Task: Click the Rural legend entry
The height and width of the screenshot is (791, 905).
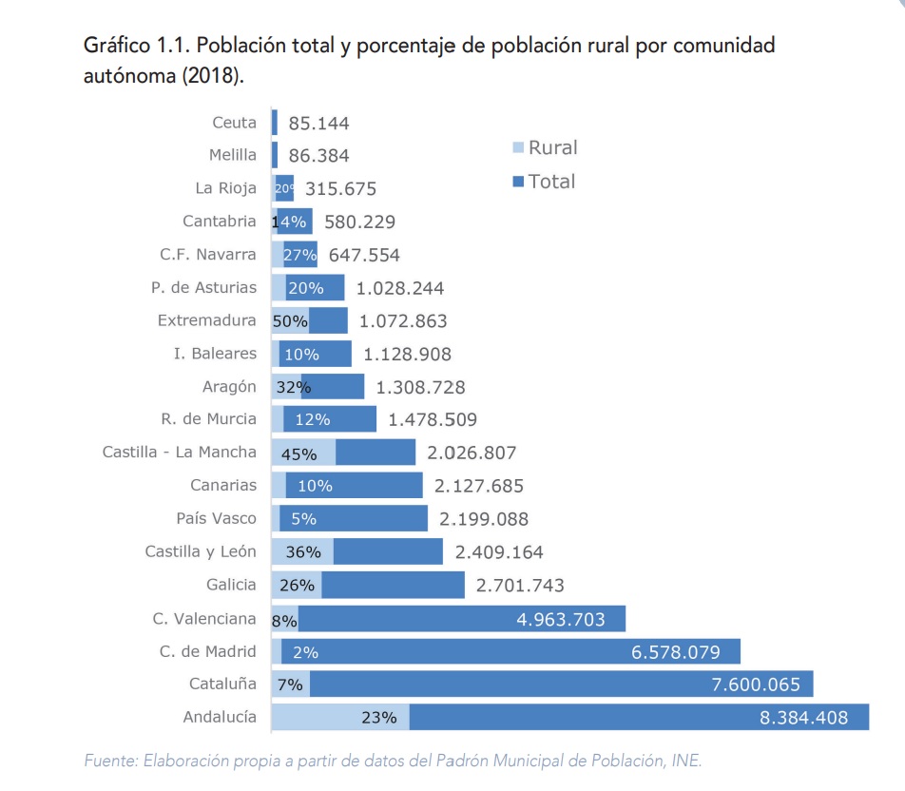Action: (x=545, y=147)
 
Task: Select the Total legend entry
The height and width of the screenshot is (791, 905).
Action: (x=544, y=181)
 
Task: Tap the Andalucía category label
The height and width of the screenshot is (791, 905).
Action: (x=221, y=717)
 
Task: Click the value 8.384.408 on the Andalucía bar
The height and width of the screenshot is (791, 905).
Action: (x=803, y=718)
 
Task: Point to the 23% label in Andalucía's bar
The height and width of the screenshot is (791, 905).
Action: (x=378, y=718)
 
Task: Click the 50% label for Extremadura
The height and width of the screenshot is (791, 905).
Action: (x=290, y=321)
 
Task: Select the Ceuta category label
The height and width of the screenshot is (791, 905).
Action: (x=234, y=123)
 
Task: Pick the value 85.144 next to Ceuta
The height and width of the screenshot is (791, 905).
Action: (x=318, y=124)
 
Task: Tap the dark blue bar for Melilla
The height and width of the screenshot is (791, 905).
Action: (x=275, y=155)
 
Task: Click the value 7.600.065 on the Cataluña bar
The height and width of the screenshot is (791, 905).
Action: (x=756, y=685)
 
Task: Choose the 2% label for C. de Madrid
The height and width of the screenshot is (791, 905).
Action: (x=305, y=652)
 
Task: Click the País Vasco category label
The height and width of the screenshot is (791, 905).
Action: (x=216, y=518)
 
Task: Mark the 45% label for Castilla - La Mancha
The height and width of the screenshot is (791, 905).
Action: (x=298, y=453)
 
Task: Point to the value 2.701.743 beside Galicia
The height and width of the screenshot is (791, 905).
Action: (x=520, y=586)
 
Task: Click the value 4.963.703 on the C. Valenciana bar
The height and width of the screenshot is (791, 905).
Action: (x=561, y=619)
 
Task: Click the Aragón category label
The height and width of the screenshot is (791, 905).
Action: (x=229, y=386)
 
